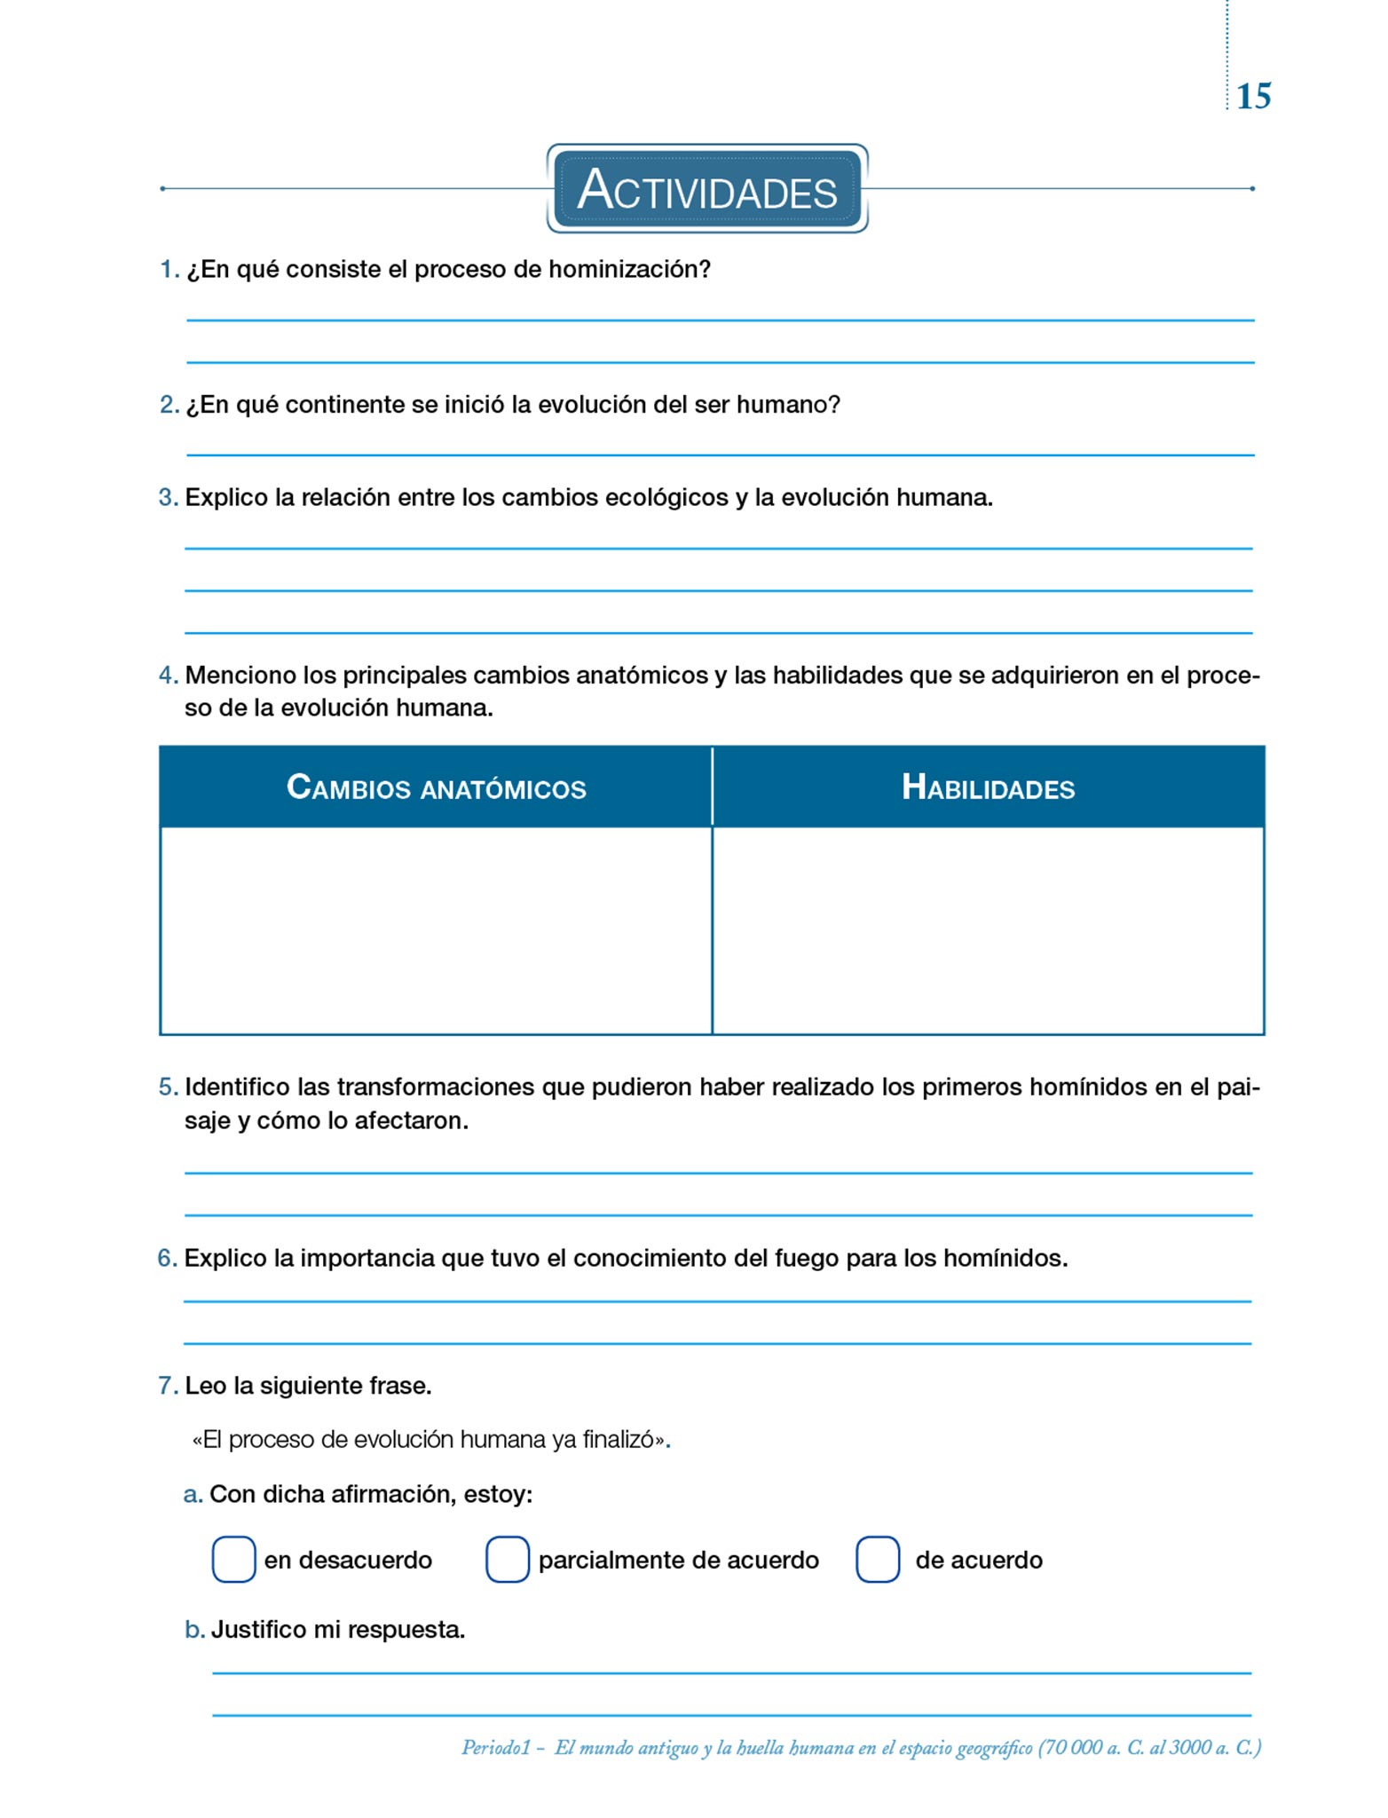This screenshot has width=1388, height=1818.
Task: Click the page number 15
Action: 1253,96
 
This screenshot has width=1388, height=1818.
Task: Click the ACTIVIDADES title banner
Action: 707,190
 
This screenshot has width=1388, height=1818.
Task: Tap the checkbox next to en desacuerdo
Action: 233,1560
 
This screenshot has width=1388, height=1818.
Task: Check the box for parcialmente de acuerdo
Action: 508,1560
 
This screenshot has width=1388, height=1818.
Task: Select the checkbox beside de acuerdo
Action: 878,1560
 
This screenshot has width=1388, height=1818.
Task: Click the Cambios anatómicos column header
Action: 436,787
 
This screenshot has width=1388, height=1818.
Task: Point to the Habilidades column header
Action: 988,787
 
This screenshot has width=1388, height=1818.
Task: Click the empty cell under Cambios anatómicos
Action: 436,930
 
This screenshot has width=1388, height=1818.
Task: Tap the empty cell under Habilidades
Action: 988,930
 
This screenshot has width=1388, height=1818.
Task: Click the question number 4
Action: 168,676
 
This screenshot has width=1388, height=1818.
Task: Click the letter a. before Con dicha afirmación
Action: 193,1495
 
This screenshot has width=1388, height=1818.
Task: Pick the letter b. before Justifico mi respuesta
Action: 194,1630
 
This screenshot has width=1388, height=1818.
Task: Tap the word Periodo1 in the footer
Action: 495,1748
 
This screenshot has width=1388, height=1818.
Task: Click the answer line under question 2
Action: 720,454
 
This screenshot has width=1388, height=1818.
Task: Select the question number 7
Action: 168,1386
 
